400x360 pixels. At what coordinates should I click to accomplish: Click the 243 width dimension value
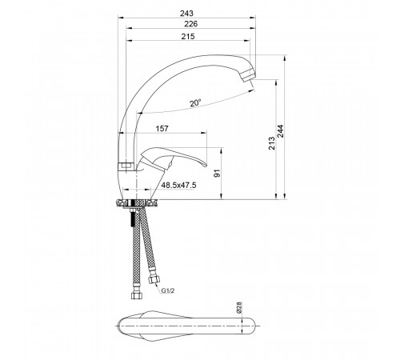(x=186, y=13)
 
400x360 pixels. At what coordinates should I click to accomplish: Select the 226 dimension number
(x=191, y=24)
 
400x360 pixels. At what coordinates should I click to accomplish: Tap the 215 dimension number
(x=188, y=36)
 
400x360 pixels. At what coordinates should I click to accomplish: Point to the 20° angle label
(x=195, y=103)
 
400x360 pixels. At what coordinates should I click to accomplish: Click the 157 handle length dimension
(x=162, y=129)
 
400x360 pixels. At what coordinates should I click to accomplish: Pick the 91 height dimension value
(x=218, y=174)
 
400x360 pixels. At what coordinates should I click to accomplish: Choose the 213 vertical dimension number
(x=271, y=143)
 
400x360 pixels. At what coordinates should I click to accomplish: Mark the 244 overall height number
(x=281, y=131)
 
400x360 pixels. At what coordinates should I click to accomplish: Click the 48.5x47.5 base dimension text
(x=179, y=185)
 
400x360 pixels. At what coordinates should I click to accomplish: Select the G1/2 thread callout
(x=167, y=290)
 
